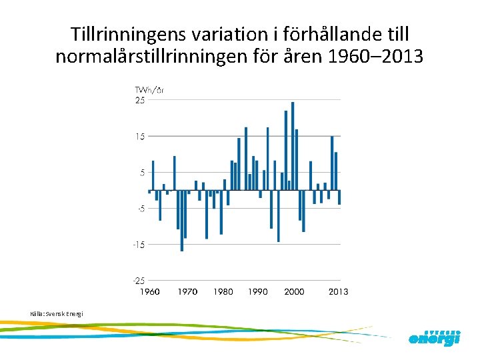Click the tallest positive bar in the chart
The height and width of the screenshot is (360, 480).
[x=293, y=146]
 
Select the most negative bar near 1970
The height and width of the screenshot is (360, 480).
[x=182, y=221]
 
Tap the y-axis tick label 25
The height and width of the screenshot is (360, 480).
[x=140, y=101]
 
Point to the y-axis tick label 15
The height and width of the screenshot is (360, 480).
[x=140, y=137]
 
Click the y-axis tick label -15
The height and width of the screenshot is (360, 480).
[x=139, y=245]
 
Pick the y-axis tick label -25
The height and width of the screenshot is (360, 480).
[x=139, y=281]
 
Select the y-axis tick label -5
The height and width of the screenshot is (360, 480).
[x=140, y=209]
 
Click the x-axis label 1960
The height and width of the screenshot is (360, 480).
[x=149, y=292]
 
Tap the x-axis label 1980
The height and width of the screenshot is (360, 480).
[x=223, y=292]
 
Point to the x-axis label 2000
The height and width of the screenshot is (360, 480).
[x=294, y=292]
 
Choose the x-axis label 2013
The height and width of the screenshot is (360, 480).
[x=337, y=292]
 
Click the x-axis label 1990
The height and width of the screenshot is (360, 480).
[x=258, y=292]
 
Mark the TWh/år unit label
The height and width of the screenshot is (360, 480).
[x=149, y=90]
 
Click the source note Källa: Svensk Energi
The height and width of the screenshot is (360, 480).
[x=56, y=313]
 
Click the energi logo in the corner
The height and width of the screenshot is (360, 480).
[x=434, y=337]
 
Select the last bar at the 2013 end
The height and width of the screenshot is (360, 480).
[x=339, y=197]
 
